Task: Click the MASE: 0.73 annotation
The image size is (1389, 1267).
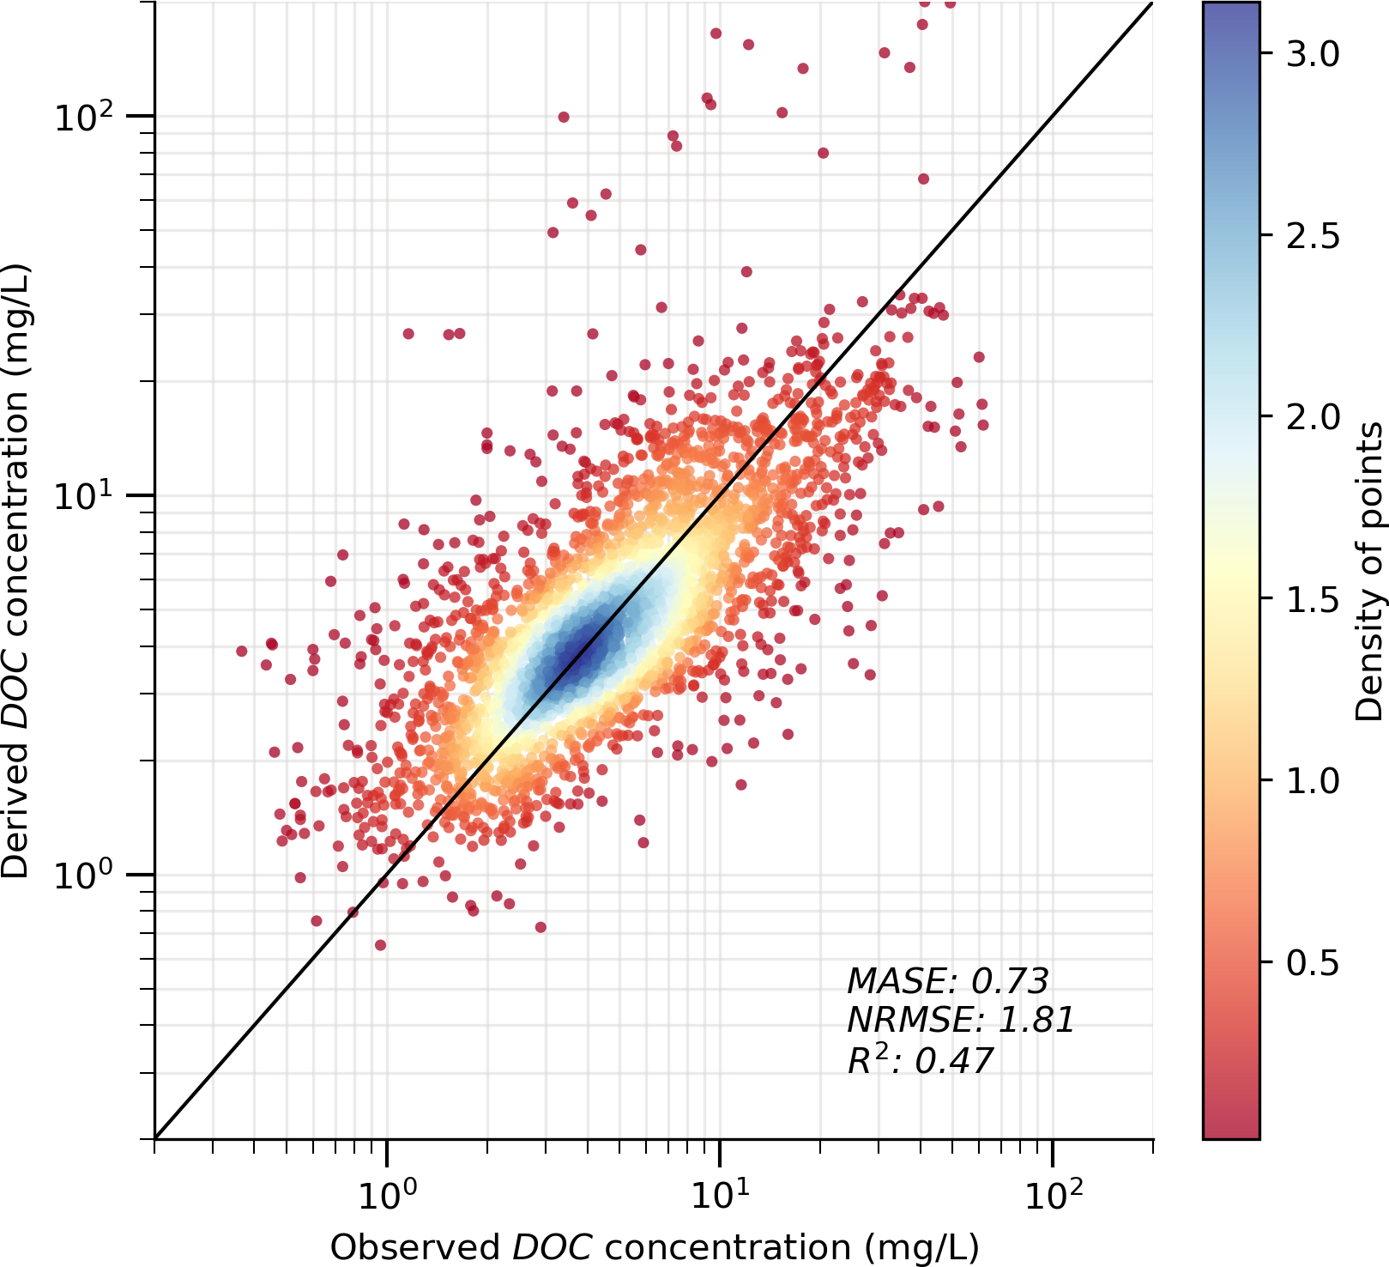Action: pyautogui.click(x=947, y=981)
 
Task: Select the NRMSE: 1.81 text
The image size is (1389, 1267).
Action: pyautogui.click(x=960, y=1021)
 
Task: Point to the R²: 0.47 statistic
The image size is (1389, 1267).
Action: pyautogui.click(x=920, y=1061)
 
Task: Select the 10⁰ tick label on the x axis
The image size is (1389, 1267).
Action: pyautogui.click(x=388, y=1193)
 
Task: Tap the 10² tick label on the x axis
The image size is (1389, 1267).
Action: pyautogui.click(x=1053, y=1193)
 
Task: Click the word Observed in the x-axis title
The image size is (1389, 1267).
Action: pyautogui.click(x=414, y=1247)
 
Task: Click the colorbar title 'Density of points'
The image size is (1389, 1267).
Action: pyautogui.click(x=1369, y=571)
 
